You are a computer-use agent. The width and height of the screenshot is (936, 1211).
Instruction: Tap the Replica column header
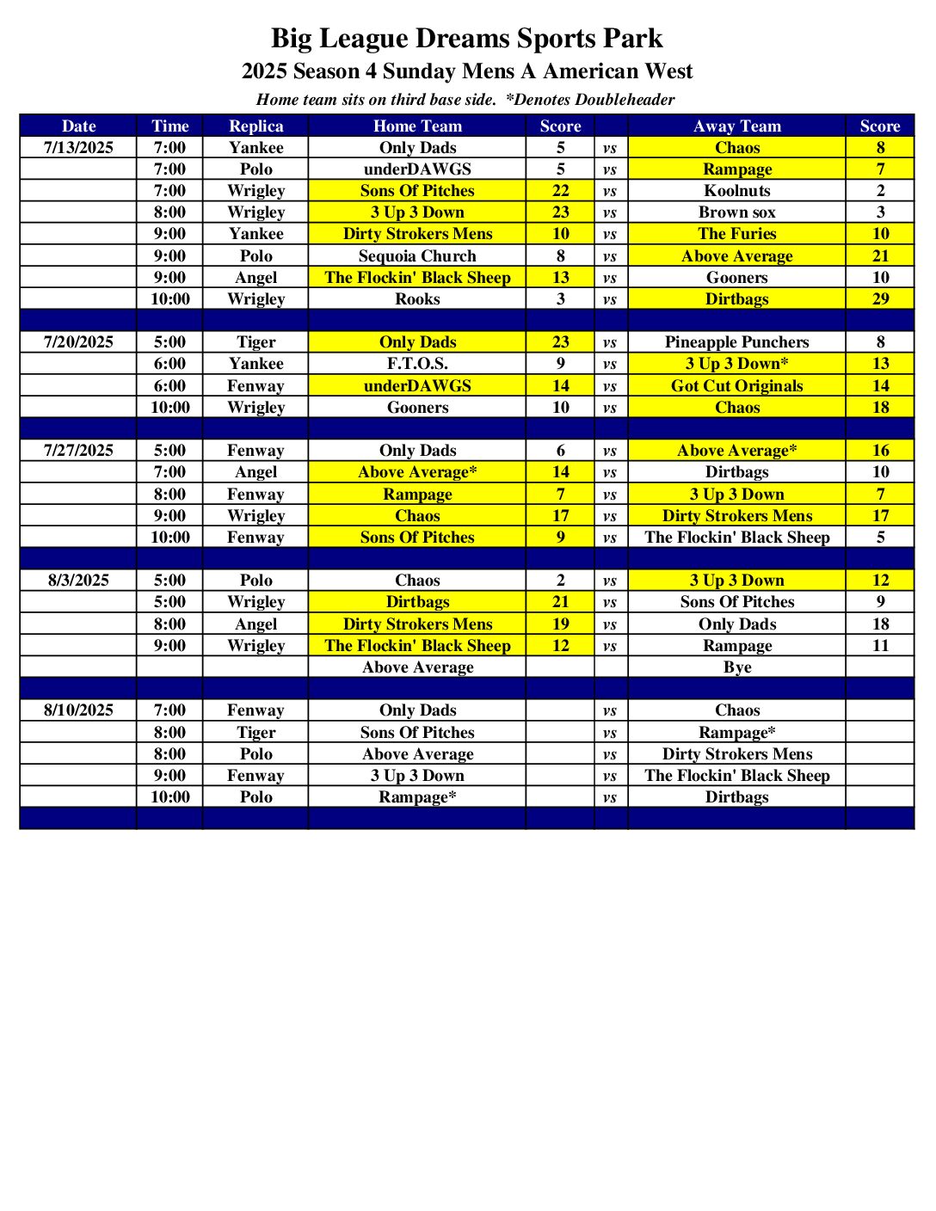click(x=256, y=126)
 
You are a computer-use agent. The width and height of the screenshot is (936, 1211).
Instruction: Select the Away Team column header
click(x=737, y=126)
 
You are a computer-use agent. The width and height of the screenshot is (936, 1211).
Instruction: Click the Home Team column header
click(x=417, y=126)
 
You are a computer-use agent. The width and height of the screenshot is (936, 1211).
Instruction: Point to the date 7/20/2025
click(x=78, y=341)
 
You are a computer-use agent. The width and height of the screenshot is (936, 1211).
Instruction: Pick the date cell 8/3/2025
click(x=78, y=580)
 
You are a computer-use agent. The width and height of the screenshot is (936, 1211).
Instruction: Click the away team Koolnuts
click(x=737, y=190)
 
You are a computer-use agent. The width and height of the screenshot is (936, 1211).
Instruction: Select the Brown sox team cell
click(x=737, y=212)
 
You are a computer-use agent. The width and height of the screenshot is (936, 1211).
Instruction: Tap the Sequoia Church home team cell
click(x=417, y=255)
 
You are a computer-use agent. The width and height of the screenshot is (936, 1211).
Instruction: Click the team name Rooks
click(x=417, y=298)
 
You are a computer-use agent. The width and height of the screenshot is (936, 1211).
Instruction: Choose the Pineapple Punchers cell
click(x=737, y=341)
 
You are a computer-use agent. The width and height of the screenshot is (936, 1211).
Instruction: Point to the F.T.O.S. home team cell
click(x=417, y=363)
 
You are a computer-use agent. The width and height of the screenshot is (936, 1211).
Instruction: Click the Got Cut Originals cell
click(x=737, y=385)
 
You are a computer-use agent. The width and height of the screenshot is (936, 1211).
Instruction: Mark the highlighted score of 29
click(x=880, y=298)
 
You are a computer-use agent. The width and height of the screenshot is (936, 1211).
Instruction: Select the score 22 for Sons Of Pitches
click(x=560, y=190)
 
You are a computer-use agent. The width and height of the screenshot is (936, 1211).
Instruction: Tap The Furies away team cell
click(x=737, y=233)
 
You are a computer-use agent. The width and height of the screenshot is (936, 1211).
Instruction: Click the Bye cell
click(x=737, y=667)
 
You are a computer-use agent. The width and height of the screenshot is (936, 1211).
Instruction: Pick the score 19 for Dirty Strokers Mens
click(x=560, y=624)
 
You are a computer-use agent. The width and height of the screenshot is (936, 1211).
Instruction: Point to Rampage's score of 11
click(x=880, y=645)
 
